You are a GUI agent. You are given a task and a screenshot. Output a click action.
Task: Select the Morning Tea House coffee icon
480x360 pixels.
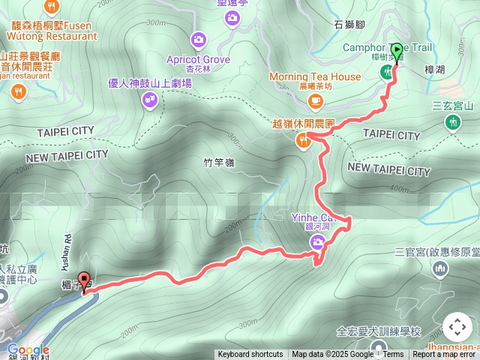(x=317, y=100)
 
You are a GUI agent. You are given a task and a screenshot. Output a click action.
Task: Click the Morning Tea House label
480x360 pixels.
(x=315, y=77)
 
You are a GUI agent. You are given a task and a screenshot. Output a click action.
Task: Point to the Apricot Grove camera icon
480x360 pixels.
(x=199, y=39)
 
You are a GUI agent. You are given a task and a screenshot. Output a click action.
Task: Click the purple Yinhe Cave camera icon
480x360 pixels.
(x=318, y=241)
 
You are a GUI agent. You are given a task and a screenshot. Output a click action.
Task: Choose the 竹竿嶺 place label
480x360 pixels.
(x=219, y=162)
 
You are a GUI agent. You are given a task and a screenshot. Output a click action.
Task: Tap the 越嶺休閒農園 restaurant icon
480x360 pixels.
(x=304, y=139)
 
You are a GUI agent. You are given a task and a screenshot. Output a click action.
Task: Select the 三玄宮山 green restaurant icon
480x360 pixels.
(x=453, y=121)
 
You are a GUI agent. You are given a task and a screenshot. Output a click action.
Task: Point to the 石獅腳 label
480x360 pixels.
(x=349, y=24)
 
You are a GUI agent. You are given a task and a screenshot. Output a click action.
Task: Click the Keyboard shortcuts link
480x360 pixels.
(x=250, y=355)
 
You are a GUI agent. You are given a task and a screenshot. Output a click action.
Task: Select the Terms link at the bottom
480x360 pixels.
(x=393, y=355)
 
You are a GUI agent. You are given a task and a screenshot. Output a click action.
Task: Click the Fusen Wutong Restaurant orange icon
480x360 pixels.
(x=52, y=7)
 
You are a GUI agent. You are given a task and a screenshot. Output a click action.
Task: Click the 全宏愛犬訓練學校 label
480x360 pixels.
(x=379, y=331)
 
